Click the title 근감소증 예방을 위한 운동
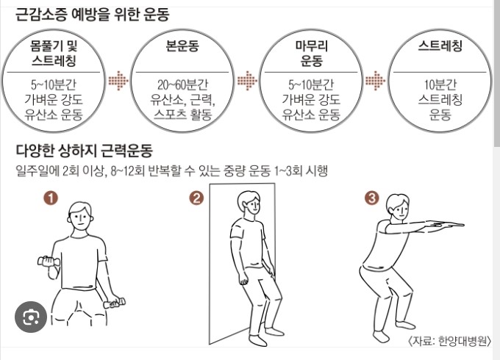pyautogui.click(x=92, y=15)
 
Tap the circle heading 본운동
pyautogui.click(x=182, y=46)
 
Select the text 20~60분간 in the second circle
pyautogui.click(x=182, y=84)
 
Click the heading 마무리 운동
pyautogui.click(x=311, y=53)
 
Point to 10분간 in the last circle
pyautogui.click(x=440, y=84)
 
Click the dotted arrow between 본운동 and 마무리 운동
pyautogui.click(x=247, y=80)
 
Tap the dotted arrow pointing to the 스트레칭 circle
pyautogui.click(x=375, y=80)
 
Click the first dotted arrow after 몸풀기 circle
pyautogui.click(x=118, y=80)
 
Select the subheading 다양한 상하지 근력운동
pyautogui.click(x=84, y=151)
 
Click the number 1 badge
pyautogui.click(x=51, y=198)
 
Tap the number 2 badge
pyautogui.click(x=196, y=198)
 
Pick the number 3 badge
pyautogui.click(x=372, y=198)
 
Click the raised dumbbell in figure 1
pyautogui.click(x=49, y=262)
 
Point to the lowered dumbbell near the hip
pyautogui.click(x=114, y=303)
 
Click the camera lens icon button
pyautogui.click(x=31, y=317)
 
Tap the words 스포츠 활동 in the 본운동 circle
pyautogui.click(x=182, y=115)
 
